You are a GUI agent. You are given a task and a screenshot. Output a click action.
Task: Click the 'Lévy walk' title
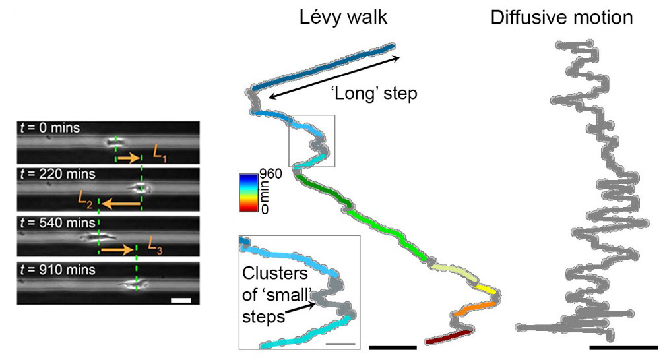tap(343, 17)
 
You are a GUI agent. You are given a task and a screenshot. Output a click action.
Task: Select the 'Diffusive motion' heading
tap(561, 18)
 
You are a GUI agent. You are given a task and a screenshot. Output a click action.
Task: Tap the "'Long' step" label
tap(374, 93)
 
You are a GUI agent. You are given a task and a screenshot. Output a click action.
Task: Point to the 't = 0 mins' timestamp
tap(50, 128)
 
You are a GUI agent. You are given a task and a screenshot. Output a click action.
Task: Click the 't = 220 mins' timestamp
tap(57, 174)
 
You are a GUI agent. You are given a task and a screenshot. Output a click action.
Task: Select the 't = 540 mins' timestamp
tap(57, 223)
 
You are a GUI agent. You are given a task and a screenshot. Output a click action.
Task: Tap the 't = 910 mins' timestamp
tap(57, 270)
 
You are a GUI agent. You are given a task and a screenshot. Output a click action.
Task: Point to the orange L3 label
tap(155, 245)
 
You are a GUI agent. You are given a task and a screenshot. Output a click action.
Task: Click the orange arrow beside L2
tap(121, 204)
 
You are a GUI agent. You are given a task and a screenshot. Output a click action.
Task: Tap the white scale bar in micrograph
tap(181, 300)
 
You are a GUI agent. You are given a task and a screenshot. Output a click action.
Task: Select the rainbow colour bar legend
tap(249, 193)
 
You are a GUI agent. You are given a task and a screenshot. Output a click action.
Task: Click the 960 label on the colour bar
tap(270, 174)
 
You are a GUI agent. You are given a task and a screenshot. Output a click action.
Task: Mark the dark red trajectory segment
tap(449, 337)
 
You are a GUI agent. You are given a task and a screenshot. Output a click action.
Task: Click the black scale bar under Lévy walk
tap(393, 347)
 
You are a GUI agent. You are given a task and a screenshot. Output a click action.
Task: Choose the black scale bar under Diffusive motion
tap(623, 347)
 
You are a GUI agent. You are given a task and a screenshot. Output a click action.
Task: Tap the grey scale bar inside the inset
tap(340, 344)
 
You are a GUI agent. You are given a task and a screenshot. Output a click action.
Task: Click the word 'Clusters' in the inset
tap(275, 274)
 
